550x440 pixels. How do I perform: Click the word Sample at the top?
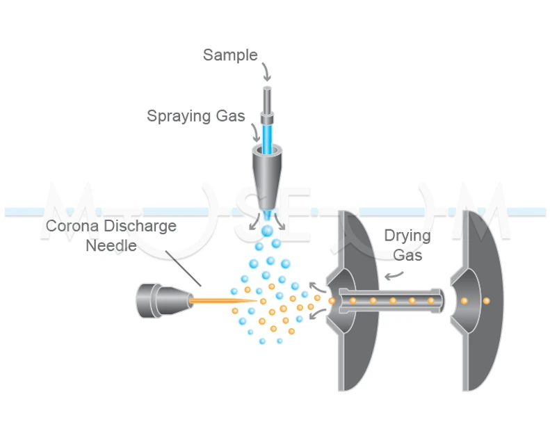230,55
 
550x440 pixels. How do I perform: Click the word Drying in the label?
407,236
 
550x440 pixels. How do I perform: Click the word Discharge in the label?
143,226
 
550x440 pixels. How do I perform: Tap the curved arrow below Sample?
267,72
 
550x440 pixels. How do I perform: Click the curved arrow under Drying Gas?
394,275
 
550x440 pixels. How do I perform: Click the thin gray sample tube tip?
267,97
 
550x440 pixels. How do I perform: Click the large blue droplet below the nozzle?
267,229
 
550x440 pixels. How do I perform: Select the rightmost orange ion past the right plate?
486,301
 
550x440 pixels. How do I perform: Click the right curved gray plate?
483,299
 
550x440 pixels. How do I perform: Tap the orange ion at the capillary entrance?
332,301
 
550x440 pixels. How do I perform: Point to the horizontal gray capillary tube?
389,300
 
